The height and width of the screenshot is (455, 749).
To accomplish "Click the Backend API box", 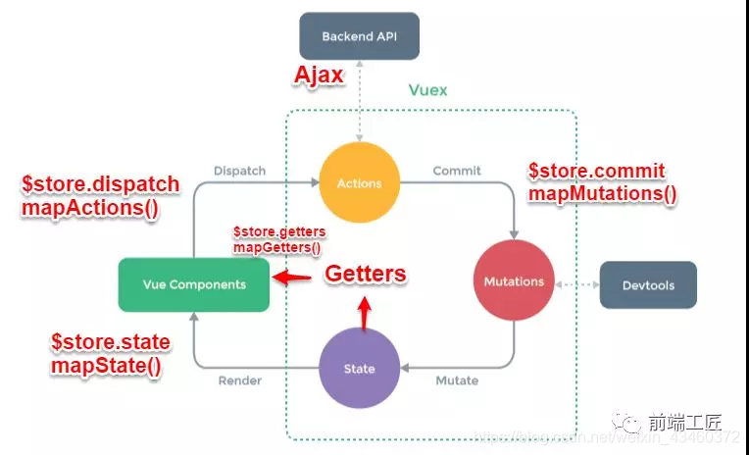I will point(359,36).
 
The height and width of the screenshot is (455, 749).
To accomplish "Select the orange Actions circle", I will point(358,182).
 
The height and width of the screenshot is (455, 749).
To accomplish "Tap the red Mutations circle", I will point(514,281).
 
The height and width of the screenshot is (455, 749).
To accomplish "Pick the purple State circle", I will point(359,369).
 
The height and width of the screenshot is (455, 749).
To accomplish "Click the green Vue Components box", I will point(193,284).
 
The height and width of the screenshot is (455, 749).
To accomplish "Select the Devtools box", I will point(648,285).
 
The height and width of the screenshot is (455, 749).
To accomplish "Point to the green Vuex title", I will point(427,90).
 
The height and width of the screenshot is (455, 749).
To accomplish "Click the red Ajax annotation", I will point(320,76).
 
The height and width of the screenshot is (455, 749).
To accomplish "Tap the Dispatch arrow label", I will point(239,171).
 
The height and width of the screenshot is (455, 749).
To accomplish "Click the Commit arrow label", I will point(457,171).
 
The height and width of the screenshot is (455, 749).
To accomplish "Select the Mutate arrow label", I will point(457,380).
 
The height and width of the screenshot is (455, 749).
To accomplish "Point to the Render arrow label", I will point(239,380).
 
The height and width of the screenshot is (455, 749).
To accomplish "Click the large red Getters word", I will point(365,274).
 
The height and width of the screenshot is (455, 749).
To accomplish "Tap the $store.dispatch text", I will point(100,185).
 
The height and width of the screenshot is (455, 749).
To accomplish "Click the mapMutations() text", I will point(602,193).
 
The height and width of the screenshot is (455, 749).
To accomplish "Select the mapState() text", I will point(107,365).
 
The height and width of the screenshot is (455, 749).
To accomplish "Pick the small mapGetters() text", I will point(276,248).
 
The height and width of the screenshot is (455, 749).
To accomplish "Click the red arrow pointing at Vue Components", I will point(293,278).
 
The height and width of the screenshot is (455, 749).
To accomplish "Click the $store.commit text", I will point(597,171).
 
